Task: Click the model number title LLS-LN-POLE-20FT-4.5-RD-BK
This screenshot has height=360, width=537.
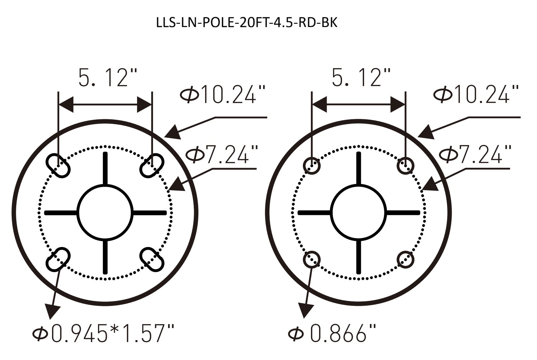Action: [247, 23]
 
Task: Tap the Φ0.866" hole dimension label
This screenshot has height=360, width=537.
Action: [332, 334]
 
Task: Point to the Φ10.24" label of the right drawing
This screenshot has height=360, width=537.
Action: [476, 94]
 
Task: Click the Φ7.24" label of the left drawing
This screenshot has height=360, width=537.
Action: [221, 154]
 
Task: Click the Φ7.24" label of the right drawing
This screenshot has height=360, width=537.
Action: [475, 154]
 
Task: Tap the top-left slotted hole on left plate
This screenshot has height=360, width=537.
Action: [59, 166]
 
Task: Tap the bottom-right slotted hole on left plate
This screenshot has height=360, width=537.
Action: [152, 259]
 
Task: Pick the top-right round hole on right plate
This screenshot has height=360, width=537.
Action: [405, 166]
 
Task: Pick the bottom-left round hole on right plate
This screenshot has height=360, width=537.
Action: [312, 259]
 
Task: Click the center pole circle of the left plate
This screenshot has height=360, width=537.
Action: [105, 212]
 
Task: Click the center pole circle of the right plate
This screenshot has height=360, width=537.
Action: [359, 212]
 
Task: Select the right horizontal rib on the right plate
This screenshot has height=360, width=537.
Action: [403, 213]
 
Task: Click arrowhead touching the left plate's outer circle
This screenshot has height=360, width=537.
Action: [173, 133]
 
